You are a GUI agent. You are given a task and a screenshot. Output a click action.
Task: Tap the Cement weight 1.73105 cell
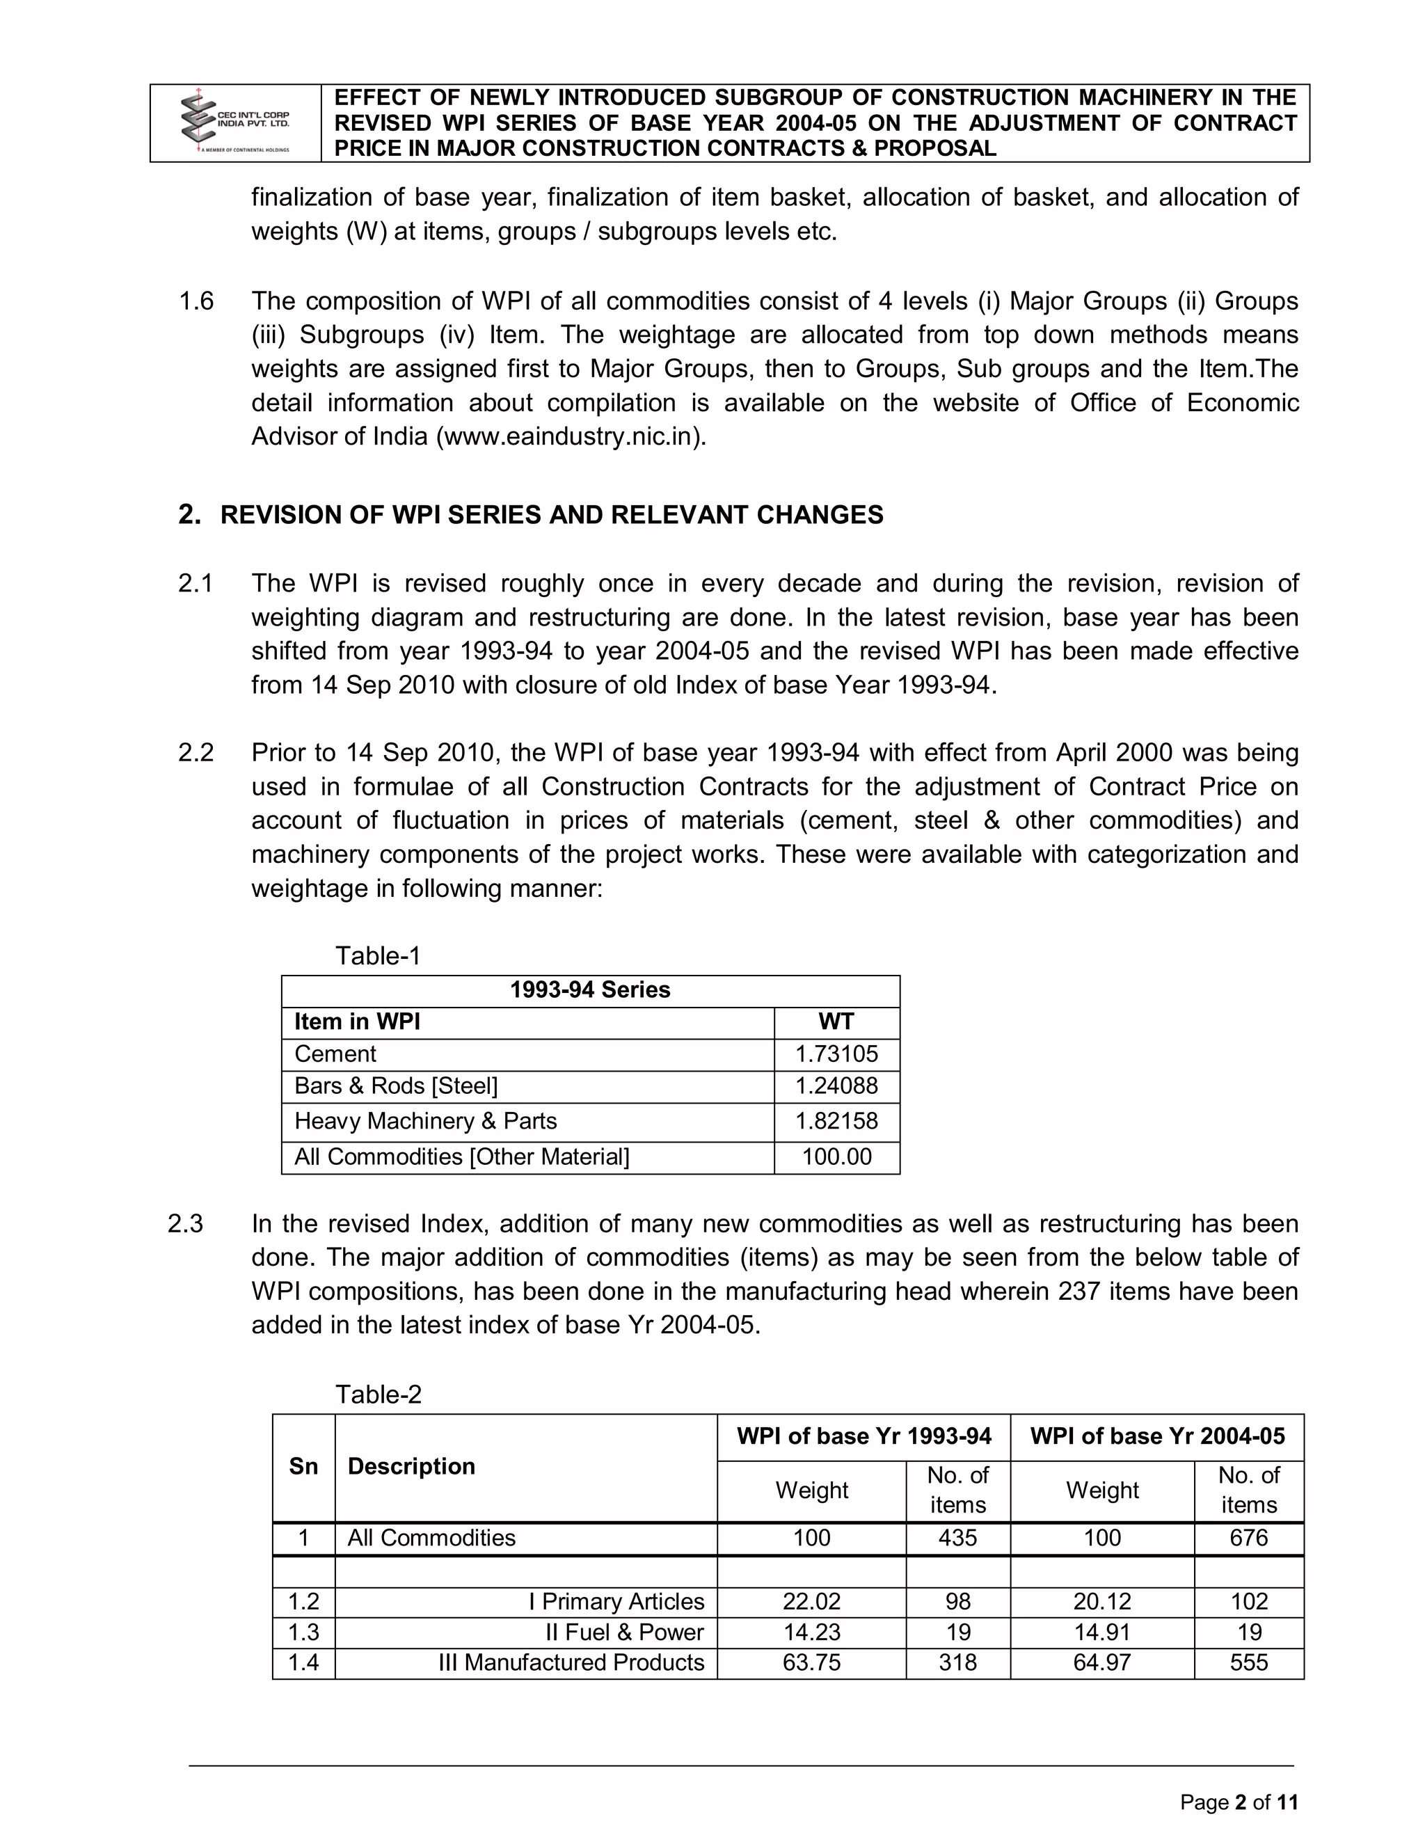coord(836,1054)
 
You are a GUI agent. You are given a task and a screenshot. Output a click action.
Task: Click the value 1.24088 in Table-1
coord(836,1086)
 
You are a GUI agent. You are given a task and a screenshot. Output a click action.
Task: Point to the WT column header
coord(836,1022)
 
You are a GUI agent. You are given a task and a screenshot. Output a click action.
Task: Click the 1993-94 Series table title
coord(589,989)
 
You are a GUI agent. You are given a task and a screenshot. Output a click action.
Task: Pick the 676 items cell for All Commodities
coord(1248,1538)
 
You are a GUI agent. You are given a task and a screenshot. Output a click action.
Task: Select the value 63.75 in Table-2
coord(811,1662)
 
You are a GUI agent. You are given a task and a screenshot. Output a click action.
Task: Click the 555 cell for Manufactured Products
coord(1248,1662)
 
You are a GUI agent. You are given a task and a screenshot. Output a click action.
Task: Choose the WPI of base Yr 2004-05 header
coord(1156,1436)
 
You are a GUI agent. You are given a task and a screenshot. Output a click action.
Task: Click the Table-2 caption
coord(379,1394)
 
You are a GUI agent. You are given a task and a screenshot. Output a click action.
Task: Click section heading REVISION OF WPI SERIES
coord(550,515)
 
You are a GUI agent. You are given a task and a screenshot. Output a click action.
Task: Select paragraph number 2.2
coord(196,752)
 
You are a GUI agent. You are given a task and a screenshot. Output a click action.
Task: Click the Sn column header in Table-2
coord(303,1467)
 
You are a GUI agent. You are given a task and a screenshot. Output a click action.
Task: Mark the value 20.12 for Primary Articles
coord(1101,1602)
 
